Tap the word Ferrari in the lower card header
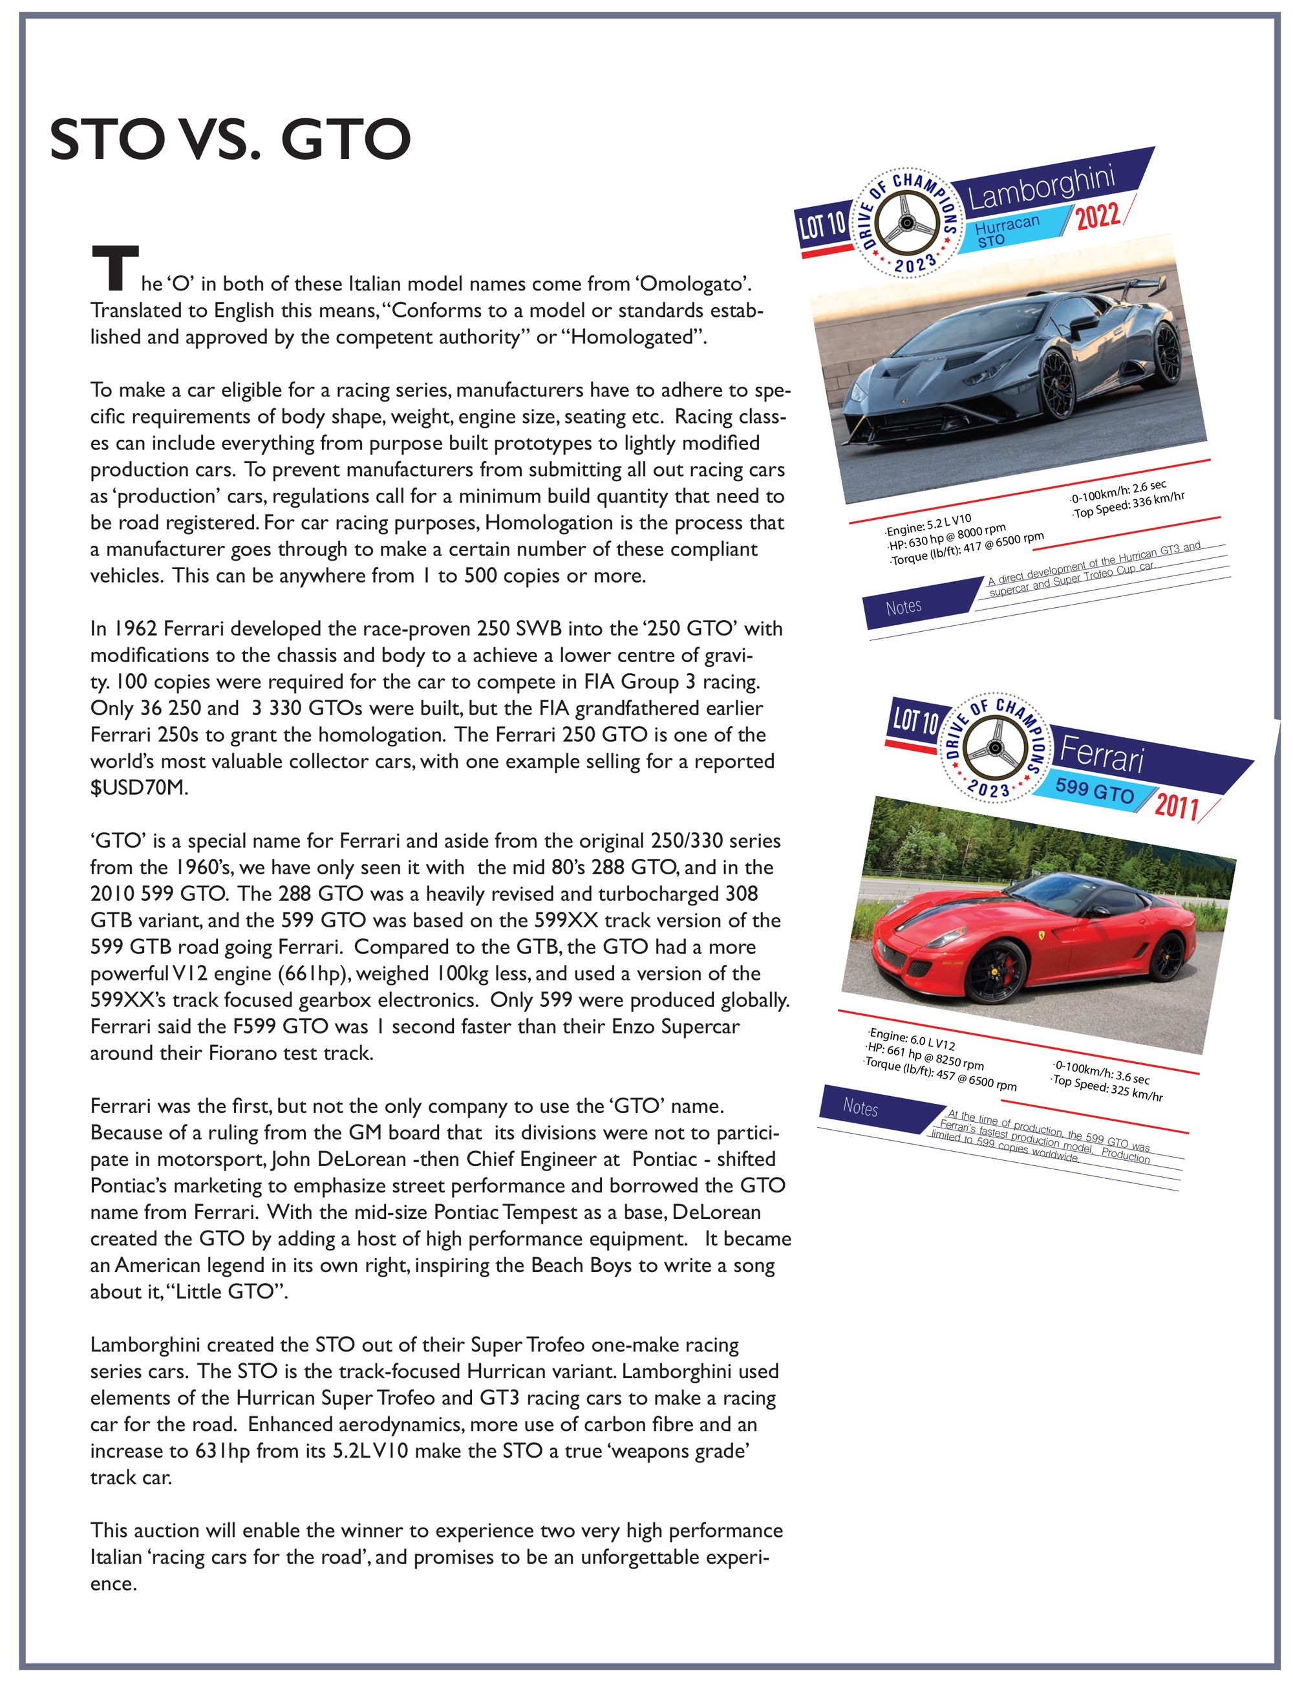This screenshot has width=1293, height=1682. (1102, 753)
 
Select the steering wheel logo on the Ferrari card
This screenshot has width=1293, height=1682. (992, 749)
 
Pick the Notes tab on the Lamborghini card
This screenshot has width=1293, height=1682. (904, 607)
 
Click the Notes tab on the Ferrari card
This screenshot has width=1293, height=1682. (860, 1107)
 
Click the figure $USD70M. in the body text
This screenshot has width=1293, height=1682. (138, 788)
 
